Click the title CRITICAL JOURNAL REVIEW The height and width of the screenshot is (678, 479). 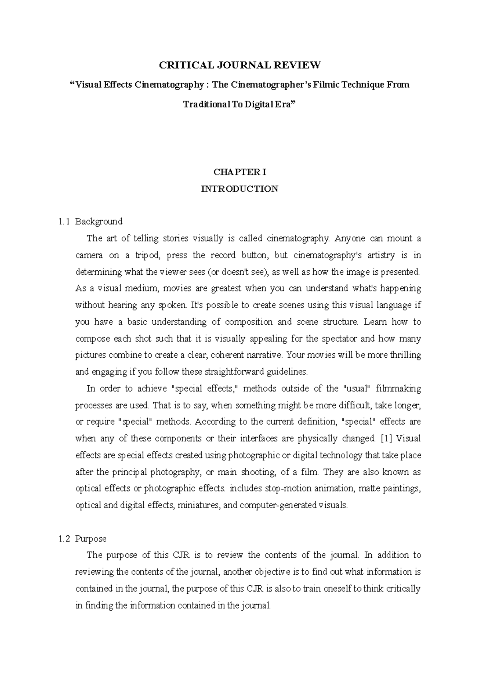pyautogui.click(x=239, y=65)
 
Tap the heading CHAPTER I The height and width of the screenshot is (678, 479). pyautogui.click(x=239, y=172)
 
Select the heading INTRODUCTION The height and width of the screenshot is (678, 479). pyautogui.click(x=239, y=189)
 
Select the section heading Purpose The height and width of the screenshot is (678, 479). pyautogui.click(x=91, y=539)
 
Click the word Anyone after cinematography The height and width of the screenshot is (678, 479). pyautogui.click(x=349, y=239)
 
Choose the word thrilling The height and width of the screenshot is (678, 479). pyautogui.click(x=404, y=355)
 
